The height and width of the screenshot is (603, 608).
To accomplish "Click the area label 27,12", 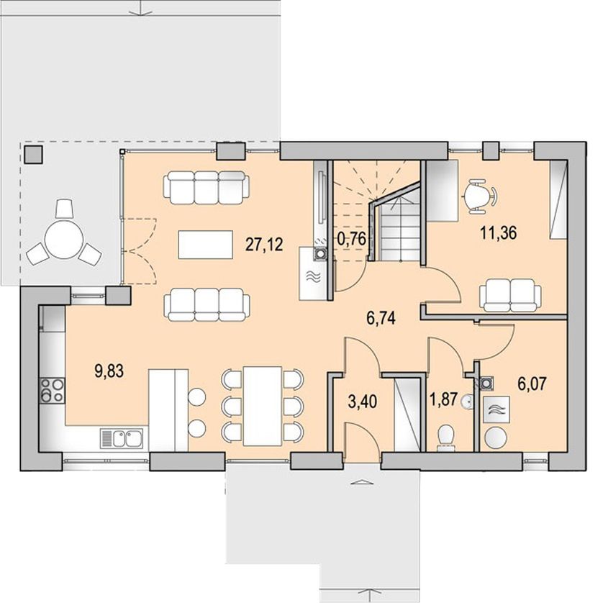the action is (264, 245).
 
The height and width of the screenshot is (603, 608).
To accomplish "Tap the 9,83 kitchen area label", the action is (109, 371).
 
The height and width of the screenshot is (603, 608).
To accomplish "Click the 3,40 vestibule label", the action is (363, 402).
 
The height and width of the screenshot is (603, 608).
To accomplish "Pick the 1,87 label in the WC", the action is (445, 399).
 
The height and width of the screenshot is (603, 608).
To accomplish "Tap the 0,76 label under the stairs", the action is (351, 238).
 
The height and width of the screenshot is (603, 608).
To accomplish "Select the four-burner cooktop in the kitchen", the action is (52, 391).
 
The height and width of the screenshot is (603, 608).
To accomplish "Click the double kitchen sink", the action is (122, 439).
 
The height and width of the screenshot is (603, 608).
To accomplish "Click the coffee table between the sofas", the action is (206, 245).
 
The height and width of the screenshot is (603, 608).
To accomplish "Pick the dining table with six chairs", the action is (263, 406).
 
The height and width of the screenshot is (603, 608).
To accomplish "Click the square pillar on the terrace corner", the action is (34, 155).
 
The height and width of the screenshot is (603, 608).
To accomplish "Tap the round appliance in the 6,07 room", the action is (496, 437).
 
